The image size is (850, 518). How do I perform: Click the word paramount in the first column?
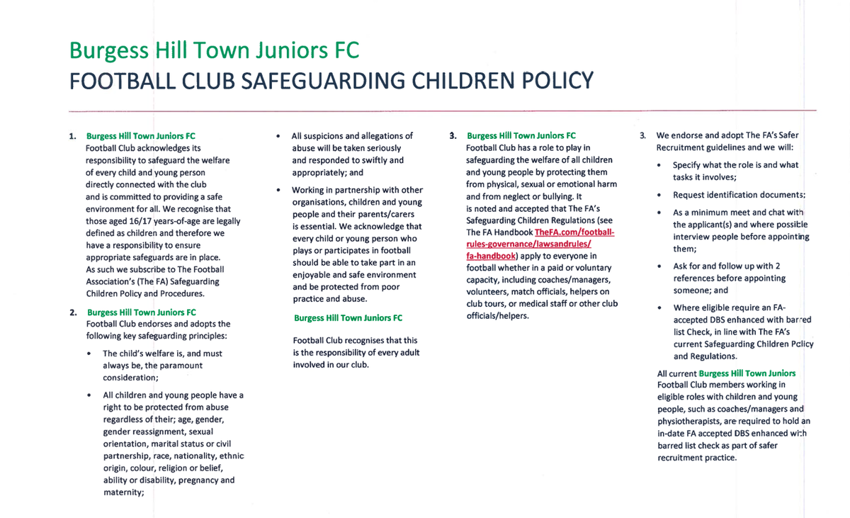coord(176,366)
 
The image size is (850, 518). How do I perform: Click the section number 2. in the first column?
coord(74,313)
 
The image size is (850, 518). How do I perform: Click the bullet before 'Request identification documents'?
coord(659,195)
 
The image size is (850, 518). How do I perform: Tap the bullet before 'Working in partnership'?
coord(278,191)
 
